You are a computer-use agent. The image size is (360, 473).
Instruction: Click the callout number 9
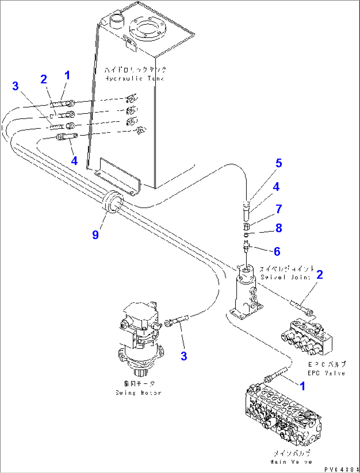coord(95,235)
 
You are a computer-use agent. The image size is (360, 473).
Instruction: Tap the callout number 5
coord(279,163)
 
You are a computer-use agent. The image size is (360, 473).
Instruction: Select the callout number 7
coord(279,209)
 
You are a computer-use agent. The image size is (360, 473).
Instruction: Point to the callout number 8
coord(279,228)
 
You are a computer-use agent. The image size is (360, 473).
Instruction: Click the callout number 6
coord(277,252)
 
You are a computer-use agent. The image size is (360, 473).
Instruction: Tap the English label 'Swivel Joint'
coord(285,277)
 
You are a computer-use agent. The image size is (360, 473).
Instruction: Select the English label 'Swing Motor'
coord(138,393)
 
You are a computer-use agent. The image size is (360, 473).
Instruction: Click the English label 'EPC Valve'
coord(326,373)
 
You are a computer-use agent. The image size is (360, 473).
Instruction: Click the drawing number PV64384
coord(341,469)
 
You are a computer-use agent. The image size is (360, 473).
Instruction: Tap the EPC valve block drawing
coord(307,337)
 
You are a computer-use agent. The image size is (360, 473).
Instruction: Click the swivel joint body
coord(245,290)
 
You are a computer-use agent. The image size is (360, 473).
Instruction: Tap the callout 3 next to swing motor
coord(184,356)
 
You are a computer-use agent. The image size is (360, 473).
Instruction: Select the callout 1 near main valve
coord(302,386)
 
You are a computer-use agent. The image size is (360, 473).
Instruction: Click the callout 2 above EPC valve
coord(319,275)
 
